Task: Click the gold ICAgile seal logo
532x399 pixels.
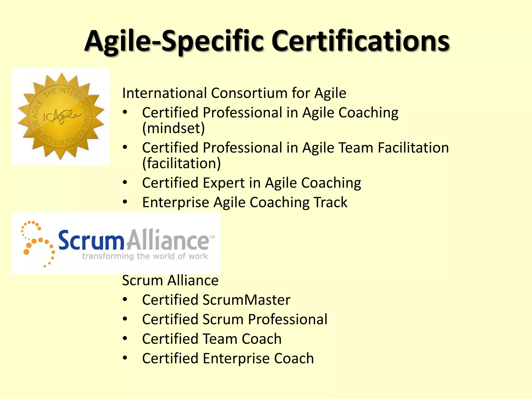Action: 61,116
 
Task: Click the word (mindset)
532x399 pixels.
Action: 174,128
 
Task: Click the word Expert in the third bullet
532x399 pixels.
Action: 224,183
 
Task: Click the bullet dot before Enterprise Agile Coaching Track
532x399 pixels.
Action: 125,202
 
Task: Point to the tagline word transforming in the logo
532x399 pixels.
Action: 108,256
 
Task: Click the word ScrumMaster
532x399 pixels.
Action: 246,300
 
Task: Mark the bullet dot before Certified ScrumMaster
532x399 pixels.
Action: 125,300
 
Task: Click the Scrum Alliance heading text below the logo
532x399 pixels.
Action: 170,280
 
